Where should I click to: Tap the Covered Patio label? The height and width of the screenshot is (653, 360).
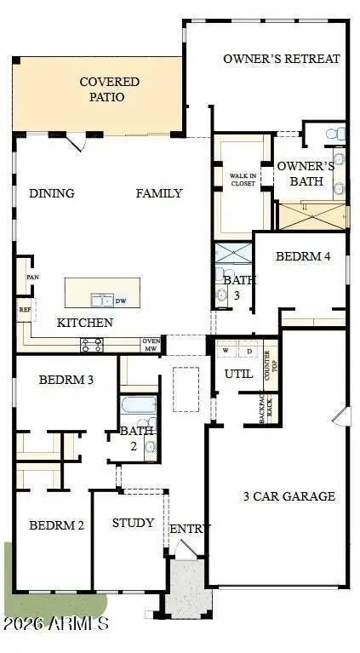110,89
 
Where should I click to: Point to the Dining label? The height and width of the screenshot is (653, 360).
52,193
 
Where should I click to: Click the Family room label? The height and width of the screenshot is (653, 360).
159,193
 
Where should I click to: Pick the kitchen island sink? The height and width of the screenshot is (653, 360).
103,299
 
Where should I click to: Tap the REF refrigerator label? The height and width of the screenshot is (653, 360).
24,309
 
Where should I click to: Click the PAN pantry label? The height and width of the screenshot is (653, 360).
33,278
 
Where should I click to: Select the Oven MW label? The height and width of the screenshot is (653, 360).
152,345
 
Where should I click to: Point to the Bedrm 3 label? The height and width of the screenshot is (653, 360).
66,380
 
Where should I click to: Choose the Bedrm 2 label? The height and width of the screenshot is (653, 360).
56,525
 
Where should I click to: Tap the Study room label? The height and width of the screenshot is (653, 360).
134,522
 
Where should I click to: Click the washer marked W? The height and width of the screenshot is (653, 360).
226,351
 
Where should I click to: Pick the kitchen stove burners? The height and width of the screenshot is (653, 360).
91,344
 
